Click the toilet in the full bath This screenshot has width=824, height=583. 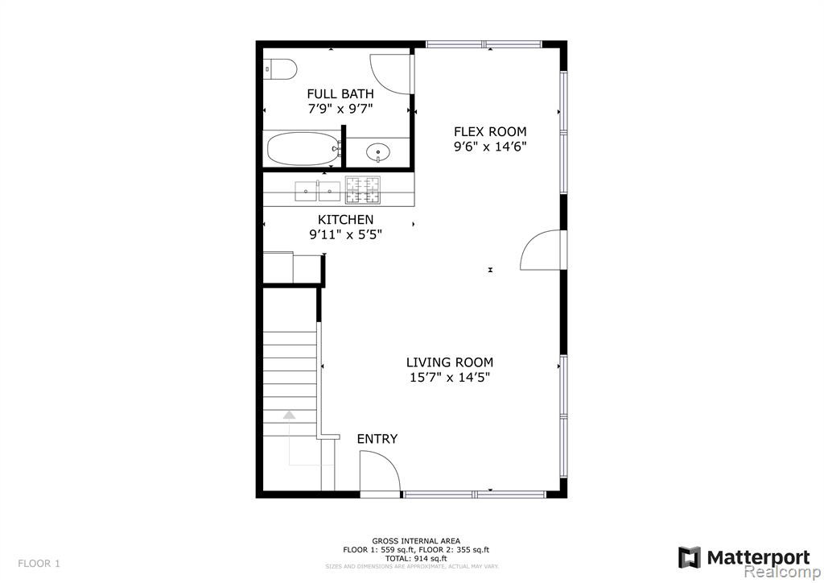click(280, 69)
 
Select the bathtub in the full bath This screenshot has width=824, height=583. click(303, 149)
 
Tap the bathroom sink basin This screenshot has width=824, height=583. click(378, 152)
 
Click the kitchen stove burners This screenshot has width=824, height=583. click(363, 190)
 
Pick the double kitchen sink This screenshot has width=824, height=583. click(317, 191)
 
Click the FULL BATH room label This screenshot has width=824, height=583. click(340, 94)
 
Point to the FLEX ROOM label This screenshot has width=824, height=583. click(490, 131)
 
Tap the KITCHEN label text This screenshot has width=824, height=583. click(346, 220)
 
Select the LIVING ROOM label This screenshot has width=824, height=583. click(450, 362)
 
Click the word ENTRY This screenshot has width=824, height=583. click(377, 439)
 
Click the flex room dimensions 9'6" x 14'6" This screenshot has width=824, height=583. click(490, 146)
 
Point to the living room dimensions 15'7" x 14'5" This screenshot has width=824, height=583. click(450, 377)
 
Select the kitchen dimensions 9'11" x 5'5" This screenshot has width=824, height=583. click(346, 234)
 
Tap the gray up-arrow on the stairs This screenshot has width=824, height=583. click(289, 415)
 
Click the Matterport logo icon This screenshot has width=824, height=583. click(690, 557)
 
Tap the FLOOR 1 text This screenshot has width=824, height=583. click(39, 564)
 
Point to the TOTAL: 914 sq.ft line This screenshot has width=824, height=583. click(416, 558)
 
